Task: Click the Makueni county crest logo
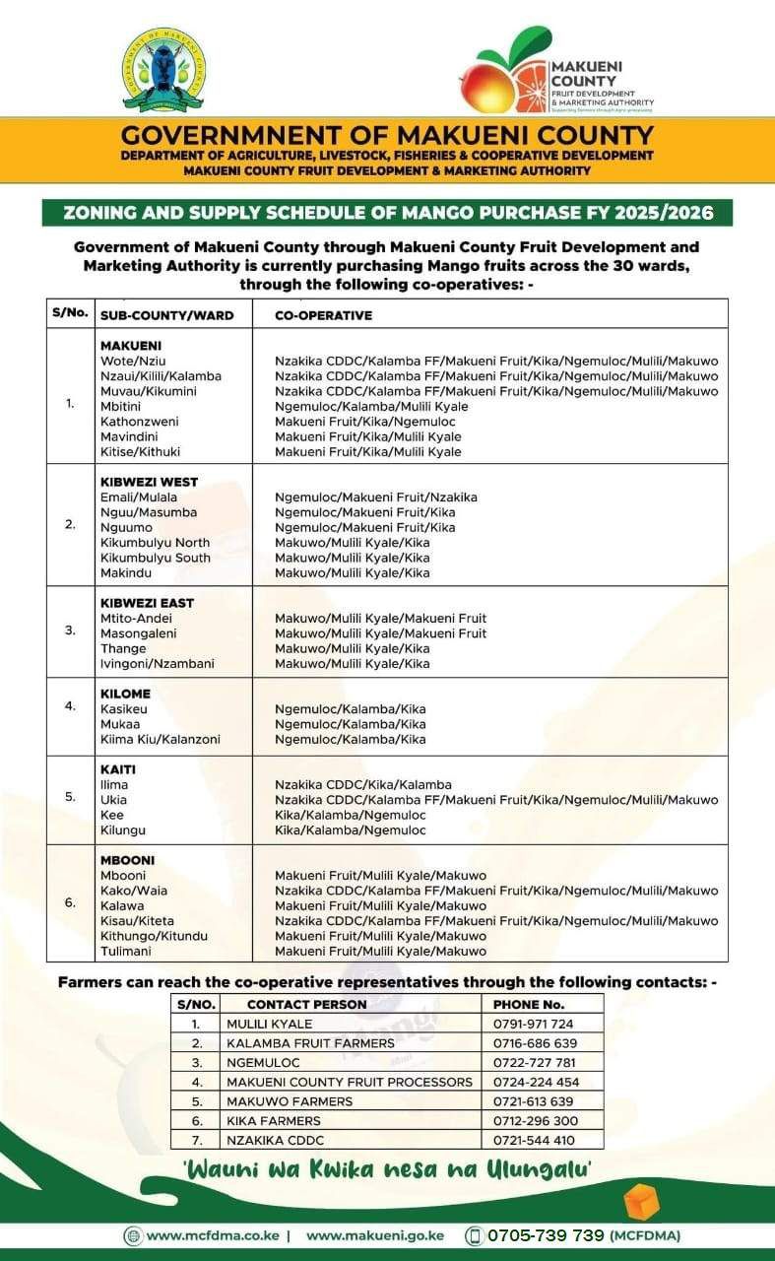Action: click(x=163, y=71)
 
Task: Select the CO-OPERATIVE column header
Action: click(x=323, y=314)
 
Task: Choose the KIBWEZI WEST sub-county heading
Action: click(x=149, y=482)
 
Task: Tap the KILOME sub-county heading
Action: click(x=125, y=694)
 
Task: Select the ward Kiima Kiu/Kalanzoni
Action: click(x=160, y=739)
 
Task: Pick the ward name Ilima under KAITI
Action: click(x=114, y=784)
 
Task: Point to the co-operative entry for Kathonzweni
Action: click(x=364, y=422)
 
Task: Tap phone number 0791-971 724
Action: click(x=532, y=1024)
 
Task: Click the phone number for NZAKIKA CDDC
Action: click(x=534, y=1140)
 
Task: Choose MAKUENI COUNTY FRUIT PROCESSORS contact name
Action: click(x=349, y=1082)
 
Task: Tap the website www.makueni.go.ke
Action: click(x=374, y=1235)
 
